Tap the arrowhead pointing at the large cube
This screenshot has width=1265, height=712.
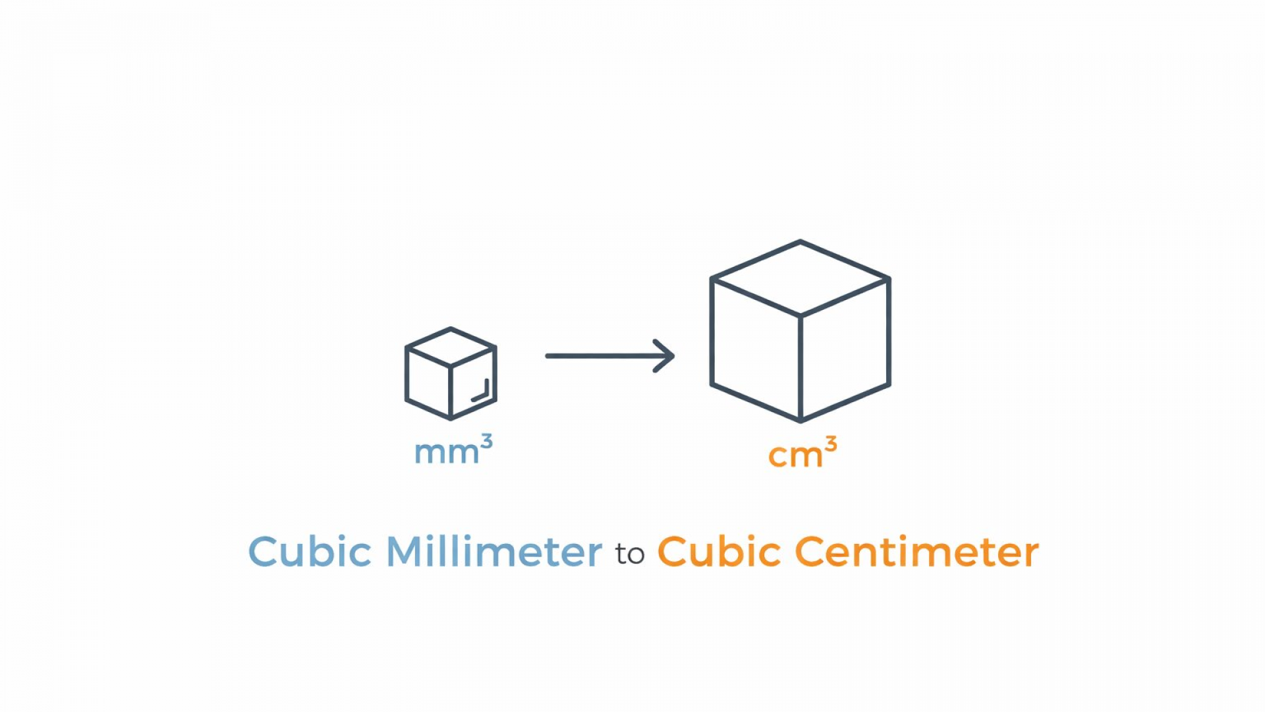[x=664, y=356]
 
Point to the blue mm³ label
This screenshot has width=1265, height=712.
[x=453, y=450]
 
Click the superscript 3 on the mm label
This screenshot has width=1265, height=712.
[x=486, y=441]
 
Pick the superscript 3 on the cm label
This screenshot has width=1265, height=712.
[x=831, y=444]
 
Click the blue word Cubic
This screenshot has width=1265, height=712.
[x=310, y=551]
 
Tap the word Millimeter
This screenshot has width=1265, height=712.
[x=494, y=551]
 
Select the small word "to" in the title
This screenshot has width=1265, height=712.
[x=630, y=554]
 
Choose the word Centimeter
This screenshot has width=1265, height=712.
[x=917, y=551]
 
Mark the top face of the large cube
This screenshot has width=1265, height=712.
[x=801, y=278]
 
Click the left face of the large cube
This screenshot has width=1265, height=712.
[x=756, y=349]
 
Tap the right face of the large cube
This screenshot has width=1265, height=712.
[x=845, y=349]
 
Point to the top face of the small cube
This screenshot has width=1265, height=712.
[x=451, y=347]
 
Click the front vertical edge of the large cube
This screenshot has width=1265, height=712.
[x=801, y=368]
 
